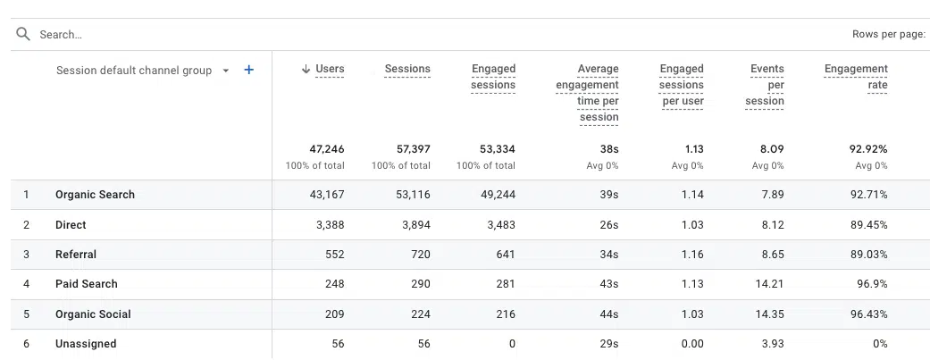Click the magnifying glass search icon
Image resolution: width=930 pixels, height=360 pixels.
click(x=23, y=34)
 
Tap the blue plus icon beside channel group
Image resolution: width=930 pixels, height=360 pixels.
click(x=249, y=70)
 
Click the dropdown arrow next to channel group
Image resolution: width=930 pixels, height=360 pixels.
click(x=226, y=71)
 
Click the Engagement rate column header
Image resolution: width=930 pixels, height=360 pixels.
click(x=856, y=77)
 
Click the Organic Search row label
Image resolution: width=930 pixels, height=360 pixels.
click(x=95, y=195)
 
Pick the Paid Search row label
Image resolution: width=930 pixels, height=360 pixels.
click(x=87, y=283)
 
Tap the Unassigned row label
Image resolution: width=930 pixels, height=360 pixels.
click(x=86, y=343)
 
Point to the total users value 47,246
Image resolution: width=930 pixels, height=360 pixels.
click(x=327, y=149)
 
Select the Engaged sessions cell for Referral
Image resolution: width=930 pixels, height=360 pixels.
click(x=506, y=255)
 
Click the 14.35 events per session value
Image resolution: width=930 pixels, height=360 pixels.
click(x=770, y=314)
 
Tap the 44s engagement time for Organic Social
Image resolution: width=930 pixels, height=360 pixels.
click(x=609, y=314)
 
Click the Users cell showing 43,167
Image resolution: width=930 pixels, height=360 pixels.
click(x=327, y=195)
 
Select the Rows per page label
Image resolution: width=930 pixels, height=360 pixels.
click(x=889, y=35)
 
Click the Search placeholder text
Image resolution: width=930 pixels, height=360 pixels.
click(x=61, y=35)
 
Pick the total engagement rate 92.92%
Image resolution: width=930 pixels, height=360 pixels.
click(x=869, y=149)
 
